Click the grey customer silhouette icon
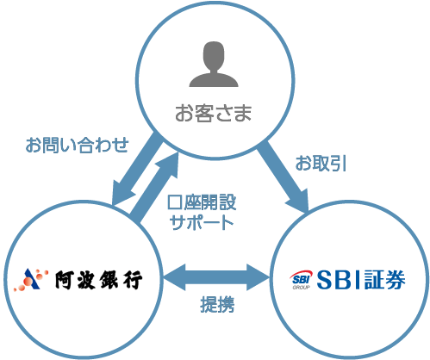coord(214,64)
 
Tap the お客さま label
coord(214,113)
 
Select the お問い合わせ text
coord(77,145)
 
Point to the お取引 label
coord(321,164)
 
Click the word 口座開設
coord(202,202)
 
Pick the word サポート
coord(202,222)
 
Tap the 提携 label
coord(217,304)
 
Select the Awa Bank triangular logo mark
coord(31,280)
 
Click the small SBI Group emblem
coord(301,279)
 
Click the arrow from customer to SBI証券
coord(283,177)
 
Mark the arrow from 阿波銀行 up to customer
coord(154,187)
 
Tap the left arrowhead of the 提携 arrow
coord(174,277)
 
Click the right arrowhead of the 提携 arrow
coord(259,277)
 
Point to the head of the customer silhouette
coord(214,55)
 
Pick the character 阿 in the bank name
coord(65,280)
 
